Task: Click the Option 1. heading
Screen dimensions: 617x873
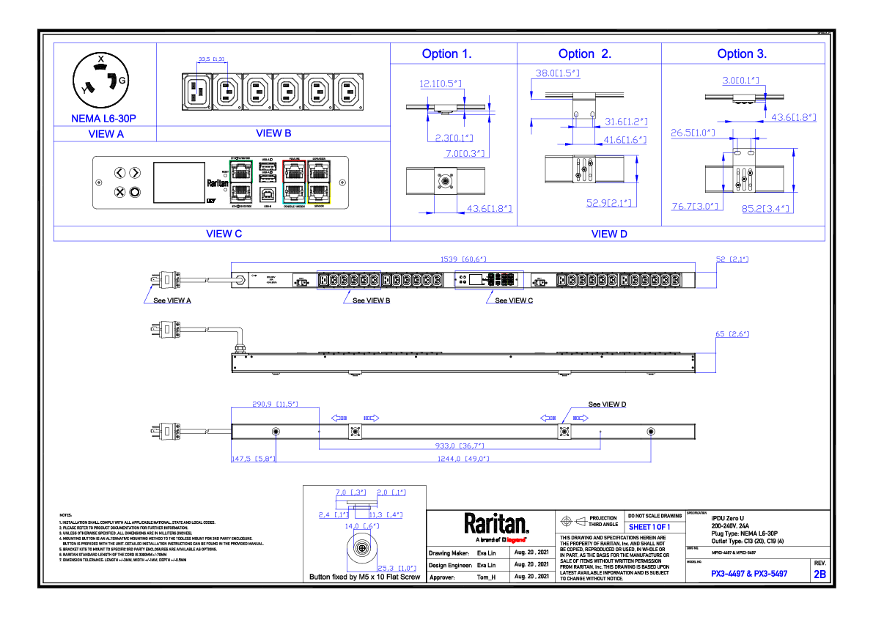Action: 446,55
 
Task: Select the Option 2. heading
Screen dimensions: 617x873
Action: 584,55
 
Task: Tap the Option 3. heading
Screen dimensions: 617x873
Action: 742,55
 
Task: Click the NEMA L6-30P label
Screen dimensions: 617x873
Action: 103,119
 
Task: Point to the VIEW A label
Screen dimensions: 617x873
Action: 106,134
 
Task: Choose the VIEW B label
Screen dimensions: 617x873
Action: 273,133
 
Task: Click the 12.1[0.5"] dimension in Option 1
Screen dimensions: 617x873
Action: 441,84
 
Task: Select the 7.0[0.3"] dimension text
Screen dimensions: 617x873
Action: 467,154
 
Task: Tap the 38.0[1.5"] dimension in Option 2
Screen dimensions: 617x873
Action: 557,74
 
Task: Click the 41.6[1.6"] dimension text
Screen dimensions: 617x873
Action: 625,140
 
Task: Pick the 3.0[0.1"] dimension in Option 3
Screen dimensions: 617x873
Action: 740,81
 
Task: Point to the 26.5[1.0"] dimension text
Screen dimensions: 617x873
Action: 693,133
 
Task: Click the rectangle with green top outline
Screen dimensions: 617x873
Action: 240,182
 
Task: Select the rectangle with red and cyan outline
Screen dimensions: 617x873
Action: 294,182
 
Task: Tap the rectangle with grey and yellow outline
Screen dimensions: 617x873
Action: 319,182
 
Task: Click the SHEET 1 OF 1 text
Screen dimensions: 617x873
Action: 649,528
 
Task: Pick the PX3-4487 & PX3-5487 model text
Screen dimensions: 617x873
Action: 748,574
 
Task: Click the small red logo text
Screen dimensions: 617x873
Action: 516,541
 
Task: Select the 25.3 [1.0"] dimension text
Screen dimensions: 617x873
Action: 397,569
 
